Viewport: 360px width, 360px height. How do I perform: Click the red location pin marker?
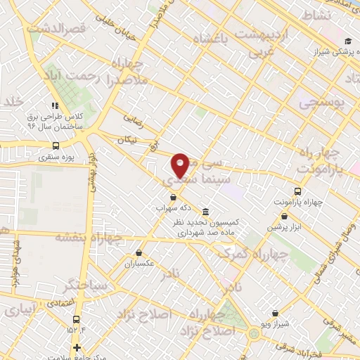[x=181, y=164]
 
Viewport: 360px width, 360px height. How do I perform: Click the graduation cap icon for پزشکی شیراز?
[x=349, y=41]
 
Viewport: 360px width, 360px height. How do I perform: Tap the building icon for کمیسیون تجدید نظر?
[x=205, y=212]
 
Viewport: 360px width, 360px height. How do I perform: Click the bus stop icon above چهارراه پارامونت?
[x=298, y=191]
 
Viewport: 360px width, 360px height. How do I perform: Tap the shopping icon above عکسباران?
[x=139, y=253]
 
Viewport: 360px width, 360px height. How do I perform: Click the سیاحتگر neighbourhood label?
[x=85, y=285]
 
